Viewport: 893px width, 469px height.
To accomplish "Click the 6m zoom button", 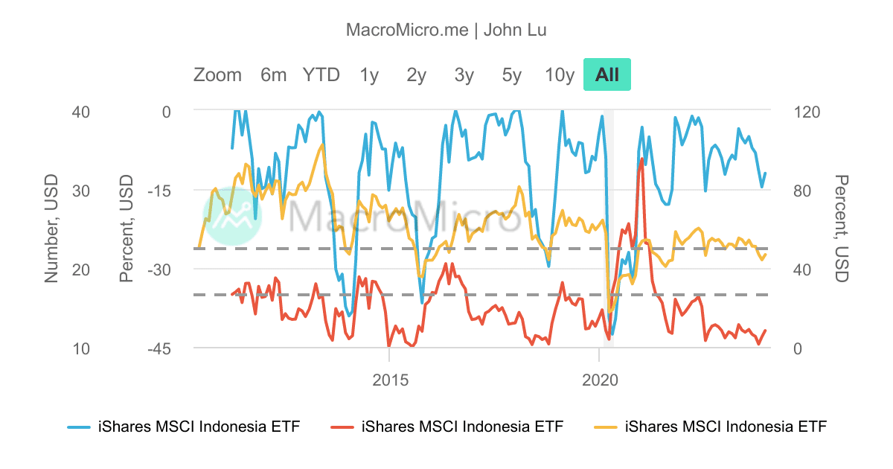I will pos(273,74).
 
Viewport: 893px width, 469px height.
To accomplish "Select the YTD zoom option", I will pos(321,74).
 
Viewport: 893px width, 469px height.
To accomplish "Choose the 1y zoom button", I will pos(369,74).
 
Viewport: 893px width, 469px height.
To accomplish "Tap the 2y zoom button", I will pos(417,74).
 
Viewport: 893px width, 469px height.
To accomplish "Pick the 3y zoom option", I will pos(464,74).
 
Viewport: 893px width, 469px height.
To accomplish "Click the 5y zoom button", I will pos(512,74).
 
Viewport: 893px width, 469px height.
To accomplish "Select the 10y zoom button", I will pos(560,74).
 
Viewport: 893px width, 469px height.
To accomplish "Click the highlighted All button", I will pos(607,74).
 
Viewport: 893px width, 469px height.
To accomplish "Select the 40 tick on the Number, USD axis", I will pos(60,112).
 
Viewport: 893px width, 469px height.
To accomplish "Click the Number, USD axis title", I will pos(51,229).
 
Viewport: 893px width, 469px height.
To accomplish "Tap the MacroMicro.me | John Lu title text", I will pos(446,30).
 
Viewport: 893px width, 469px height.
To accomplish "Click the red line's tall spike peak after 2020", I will pos(641,158).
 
